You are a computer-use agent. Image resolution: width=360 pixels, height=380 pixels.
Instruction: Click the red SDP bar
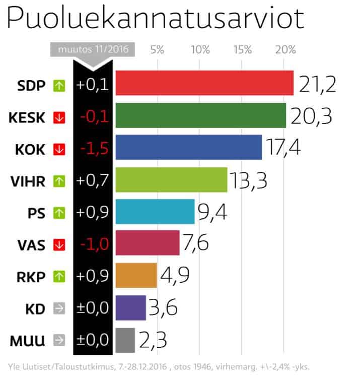(x=204, y=83)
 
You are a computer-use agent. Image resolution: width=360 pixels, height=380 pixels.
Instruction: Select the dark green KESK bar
(x=200, y=115)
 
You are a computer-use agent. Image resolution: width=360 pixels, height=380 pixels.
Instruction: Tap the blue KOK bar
(x=188, y=148)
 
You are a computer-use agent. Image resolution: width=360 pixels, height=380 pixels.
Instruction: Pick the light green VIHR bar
(x=171, y=180)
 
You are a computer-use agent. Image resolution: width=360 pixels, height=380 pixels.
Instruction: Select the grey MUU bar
(x=125, y=340)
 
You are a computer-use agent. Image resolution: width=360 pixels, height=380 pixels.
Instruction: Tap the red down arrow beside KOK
(x=59, y=150)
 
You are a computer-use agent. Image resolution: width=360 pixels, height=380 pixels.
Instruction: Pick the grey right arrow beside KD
(x=59, y=309)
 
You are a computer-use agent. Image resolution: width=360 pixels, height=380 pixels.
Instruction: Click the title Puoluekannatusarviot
(x=155, y=20)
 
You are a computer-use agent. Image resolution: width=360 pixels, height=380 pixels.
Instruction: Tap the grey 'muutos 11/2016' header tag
(x=93, y=49)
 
